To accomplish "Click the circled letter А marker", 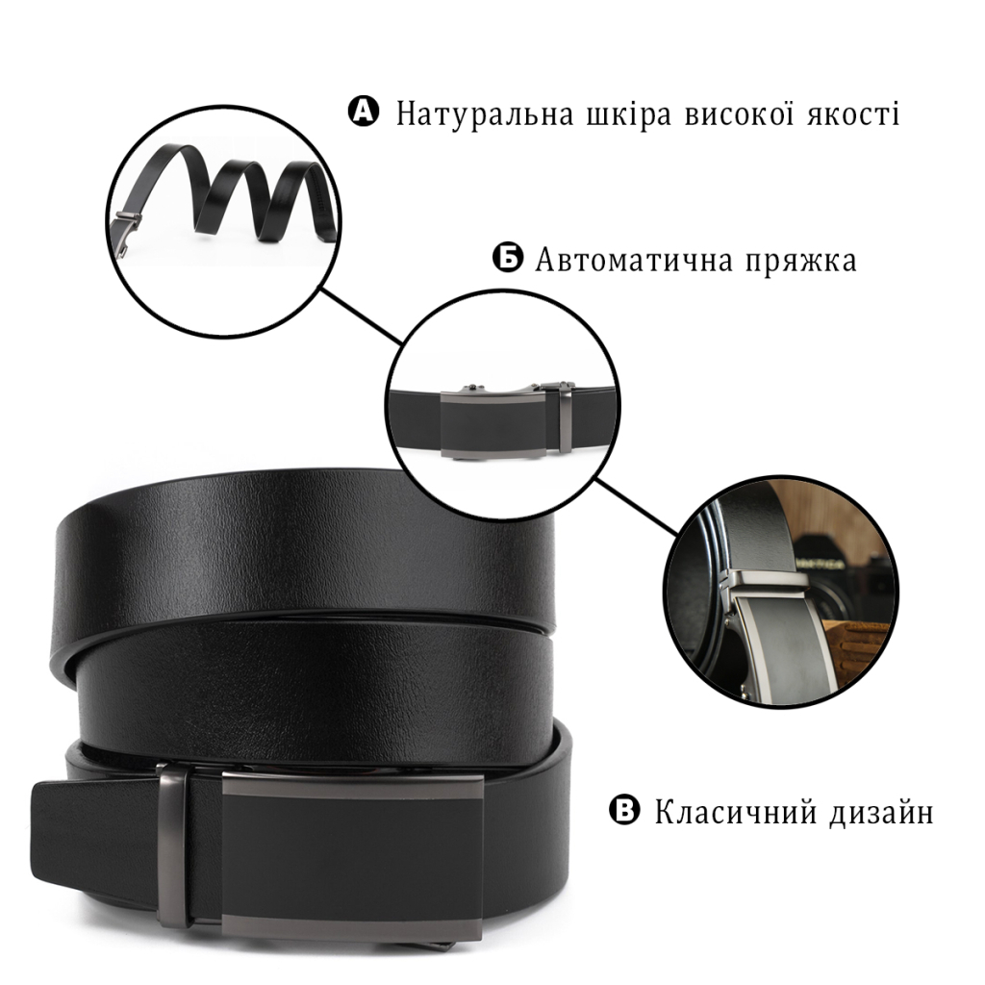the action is [363, 112].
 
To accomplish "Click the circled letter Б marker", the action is [507, 258].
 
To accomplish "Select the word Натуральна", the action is [485, 115].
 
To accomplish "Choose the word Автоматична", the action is [635, 260].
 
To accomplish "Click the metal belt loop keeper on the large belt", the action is [174, 846].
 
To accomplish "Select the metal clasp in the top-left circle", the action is [126, 234].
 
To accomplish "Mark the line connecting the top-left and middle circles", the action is [362, 316].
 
